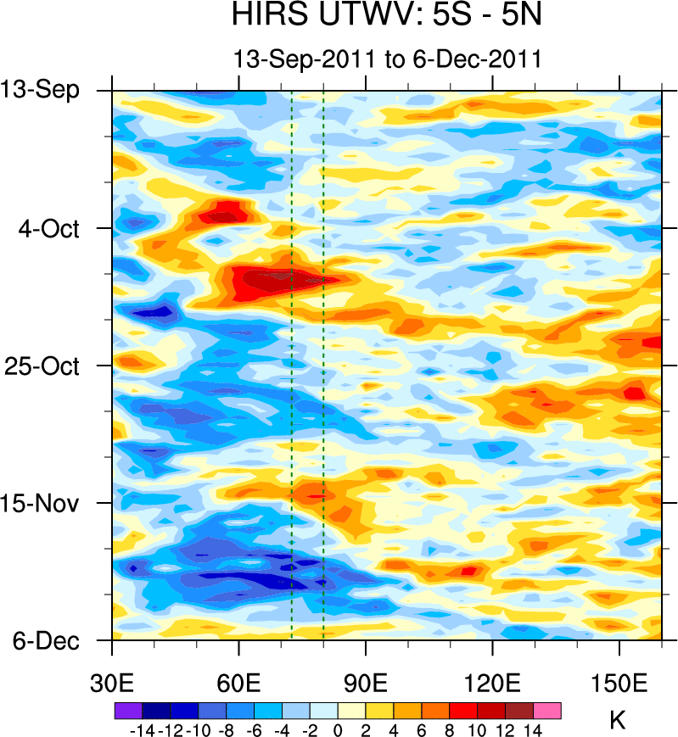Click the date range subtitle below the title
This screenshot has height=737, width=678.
pos(387,59)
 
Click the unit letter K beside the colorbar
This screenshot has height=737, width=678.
pos(618,722)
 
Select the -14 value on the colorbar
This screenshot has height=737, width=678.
pos(140,729)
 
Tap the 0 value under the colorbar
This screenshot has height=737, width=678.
pos(337,729)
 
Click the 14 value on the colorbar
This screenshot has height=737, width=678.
pos(533,729)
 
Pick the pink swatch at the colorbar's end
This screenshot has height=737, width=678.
pos(547,710)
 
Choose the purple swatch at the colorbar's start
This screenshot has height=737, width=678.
pos(127,710)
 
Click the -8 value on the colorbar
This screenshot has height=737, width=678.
pos(225,729)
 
